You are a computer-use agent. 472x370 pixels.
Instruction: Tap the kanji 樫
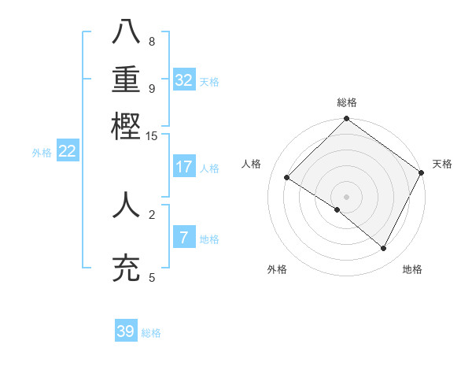(127, 125)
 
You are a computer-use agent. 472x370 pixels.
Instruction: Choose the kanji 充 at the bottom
(127, 267)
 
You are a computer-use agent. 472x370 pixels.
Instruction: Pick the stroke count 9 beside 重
(151, 88)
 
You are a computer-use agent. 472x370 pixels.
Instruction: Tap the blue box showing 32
(184, 80)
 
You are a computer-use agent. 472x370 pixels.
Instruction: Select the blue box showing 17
(184, 167)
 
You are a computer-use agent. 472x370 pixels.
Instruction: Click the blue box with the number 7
(184, 238)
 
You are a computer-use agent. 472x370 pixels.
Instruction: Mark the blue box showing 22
(67, 151)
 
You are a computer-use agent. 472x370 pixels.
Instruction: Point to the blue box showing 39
(126, 331)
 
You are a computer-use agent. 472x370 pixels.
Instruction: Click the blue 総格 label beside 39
(151, 333)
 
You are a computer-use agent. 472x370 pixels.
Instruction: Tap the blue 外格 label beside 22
(42, 153)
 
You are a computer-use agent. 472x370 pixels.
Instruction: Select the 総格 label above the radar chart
(347, 102)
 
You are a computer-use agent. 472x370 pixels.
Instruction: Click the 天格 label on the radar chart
(442, 164)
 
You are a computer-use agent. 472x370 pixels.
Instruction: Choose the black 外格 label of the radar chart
(277, 270)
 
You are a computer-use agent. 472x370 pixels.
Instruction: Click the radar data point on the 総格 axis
(347, 120)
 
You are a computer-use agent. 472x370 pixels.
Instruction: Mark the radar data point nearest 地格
(384, 248)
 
